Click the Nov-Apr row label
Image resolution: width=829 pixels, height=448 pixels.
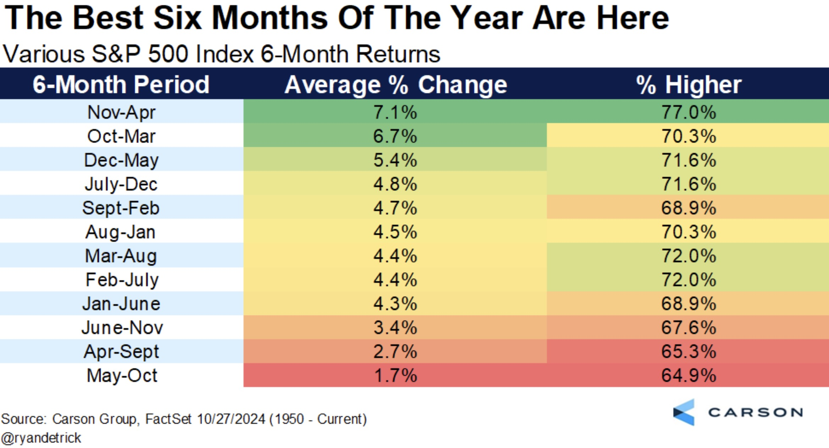121,112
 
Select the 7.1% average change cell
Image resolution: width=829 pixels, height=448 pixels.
395,112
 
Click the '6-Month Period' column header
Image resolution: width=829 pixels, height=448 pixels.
121,85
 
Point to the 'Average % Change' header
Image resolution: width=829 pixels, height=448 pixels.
396,85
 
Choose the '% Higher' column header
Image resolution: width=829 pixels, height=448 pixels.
689,85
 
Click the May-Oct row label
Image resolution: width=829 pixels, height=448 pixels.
122,375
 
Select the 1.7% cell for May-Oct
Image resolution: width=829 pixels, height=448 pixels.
395,375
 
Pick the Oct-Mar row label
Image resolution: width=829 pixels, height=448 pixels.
121,136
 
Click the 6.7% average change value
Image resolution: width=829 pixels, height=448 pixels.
395,136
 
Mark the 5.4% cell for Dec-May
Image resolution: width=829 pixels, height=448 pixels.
395,160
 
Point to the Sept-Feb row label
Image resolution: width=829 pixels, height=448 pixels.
121,208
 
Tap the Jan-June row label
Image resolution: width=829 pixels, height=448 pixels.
121,304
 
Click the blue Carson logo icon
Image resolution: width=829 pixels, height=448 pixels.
684,412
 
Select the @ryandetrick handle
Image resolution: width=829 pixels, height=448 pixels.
41,438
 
